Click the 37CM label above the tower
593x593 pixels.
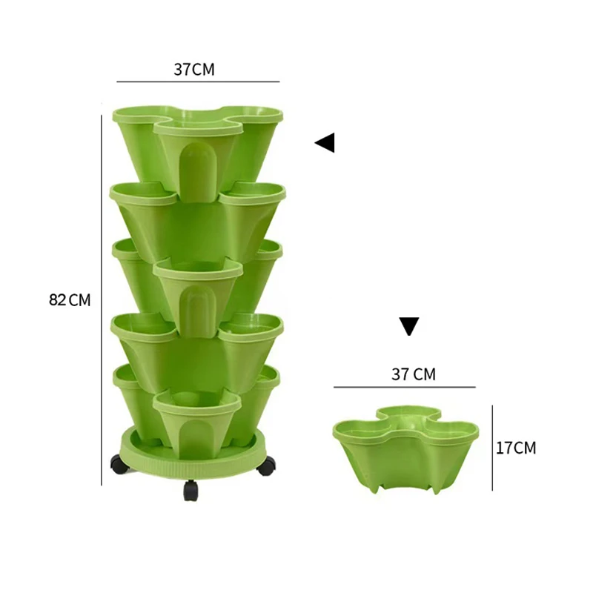coord(194,70)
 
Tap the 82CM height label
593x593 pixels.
coord(70,300)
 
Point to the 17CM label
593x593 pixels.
coord(515,448)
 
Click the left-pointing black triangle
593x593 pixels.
coord(325,142)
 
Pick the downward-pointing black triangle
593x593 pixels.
coord(409,326)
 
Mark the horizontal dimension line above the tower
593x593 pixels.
coord(198,81)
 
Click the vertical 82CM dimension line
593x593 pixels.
coord(102,300)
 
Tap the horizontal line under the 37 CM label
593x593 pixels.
coord(404,387)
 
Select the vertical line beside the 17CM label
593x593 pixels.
coord(492,448)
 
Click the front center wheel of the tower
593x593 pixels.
coord(191,489)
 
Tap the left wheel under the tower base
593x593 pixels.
coord(119,466)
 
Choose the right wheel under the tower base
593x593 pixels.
coord(266,466)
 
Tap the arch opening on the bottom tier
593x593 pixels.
coord(196,437)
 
